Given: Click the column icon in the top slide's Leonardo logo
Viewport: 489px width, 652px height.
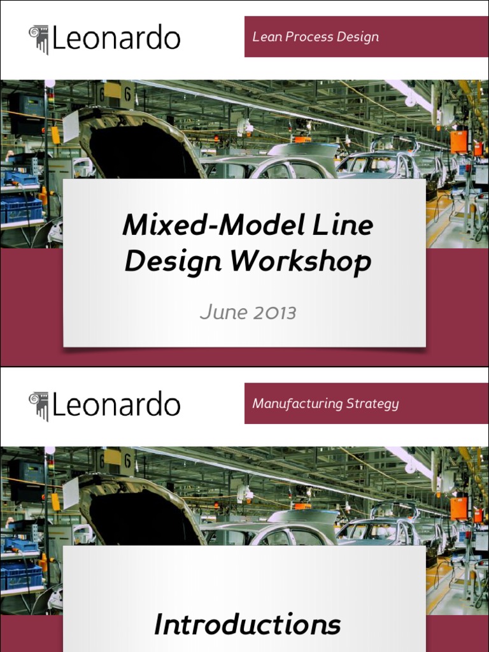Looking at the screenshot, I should click(39, 39).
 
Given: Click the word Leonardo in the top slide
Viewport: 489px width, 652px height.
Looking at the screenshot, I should click(116, 38).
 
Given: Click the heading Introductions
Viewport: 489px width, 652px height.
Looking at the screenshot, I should click(247, 625).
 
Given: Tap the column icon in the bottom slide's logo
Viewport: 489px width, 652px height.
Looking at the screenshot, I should click(39, 406).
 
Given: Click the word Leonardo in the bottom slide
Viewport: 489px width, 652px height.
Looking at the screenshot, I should click(116, 405).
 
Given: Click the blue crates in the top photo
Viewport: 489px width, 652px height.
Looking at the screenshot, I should click(21, 207).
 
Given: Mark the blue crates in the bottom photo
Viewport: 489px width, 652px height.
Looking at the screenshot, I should click(21, 574).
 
